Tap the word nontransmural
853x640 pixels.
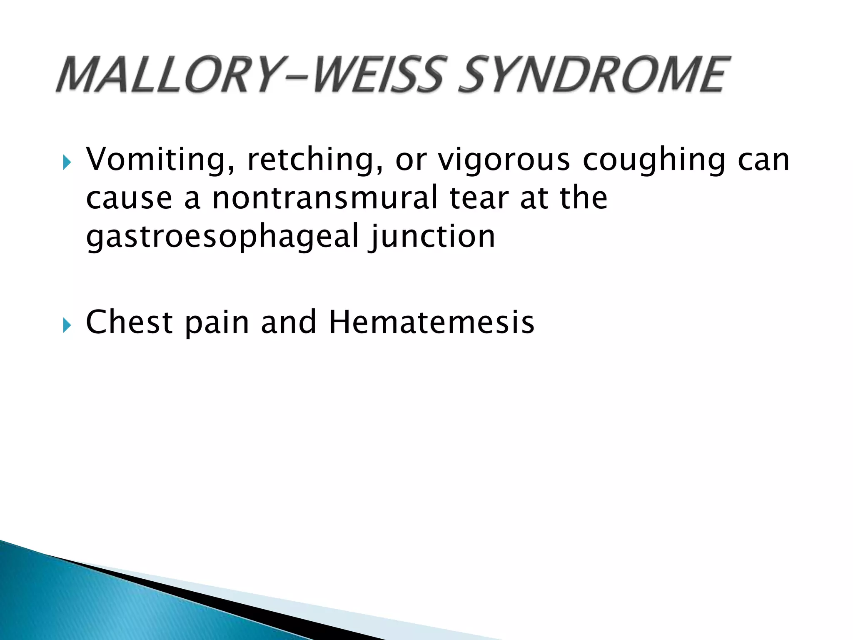325,197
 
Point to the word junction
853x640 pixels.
432,237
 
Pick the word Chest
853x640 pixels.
129,322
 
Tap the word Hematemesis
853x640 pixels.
431,322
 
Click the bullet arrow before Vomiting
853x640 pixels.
67,162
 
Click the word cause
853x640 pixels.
129,198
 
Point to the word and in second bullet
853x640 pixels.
288,322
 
